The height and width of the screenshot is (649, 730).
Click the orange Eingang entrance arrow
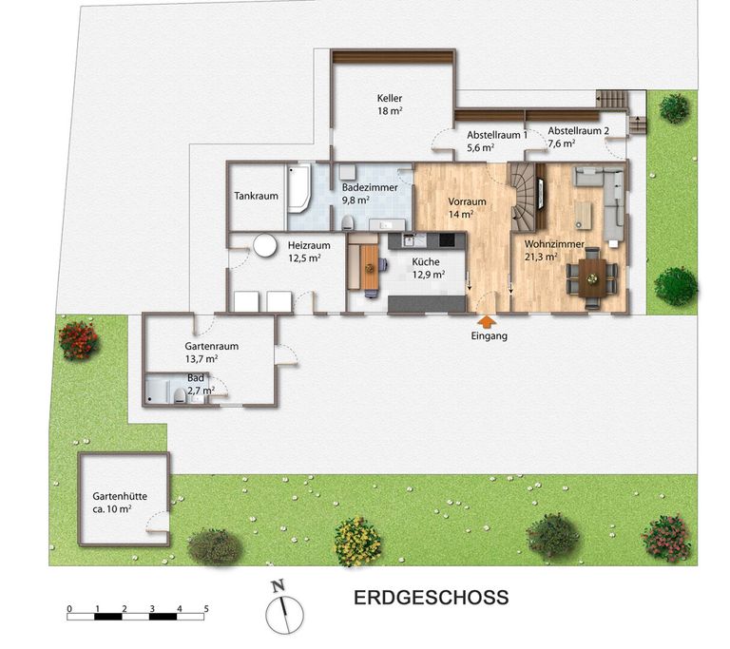(x=488, y=322)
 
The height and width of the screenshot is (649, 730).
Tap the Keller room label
(x=390, y=98)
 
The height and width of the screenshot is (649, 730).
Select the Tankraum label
(x=256, y=196)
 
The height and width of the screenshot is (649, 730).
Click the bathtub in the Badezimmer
(x=299, y=187)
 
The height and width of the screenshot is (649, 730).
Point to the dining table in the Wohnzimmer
(x=592, y=278)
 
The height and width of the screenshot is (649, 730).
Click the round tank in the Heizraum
(x=265, y=245)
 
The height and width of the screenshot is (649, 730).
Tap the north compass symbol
(x=283, y=607)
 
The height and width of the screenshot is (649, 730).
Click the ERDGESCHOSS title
(x=432, y=598)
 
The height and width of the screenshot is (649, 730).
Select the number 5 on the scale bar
(x=206, y=609)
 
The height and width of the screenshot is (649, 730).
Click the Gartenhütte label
(x=120, y=496)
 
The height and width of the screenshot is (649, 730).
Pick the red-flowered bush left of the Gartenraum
(x=79, y=340)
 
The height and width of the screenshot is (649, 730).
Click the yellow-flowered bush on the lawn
(x=357, y=542)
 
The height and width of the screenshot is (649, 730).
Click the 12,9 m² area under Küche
(x=429, y=275)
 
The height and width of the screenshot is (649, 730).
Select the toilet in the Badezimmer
(x=347, y=223)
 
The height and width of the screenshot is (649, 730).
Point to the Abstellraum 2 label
(x=578, y=131)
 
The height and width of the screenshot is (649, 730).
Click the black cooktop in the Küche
(x=447, y=239)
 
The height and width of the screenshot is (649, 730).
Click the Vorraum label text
(x=467, y=201)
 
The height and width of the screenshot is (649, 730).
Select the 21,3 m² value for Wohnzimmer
(x=541, y=257)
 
